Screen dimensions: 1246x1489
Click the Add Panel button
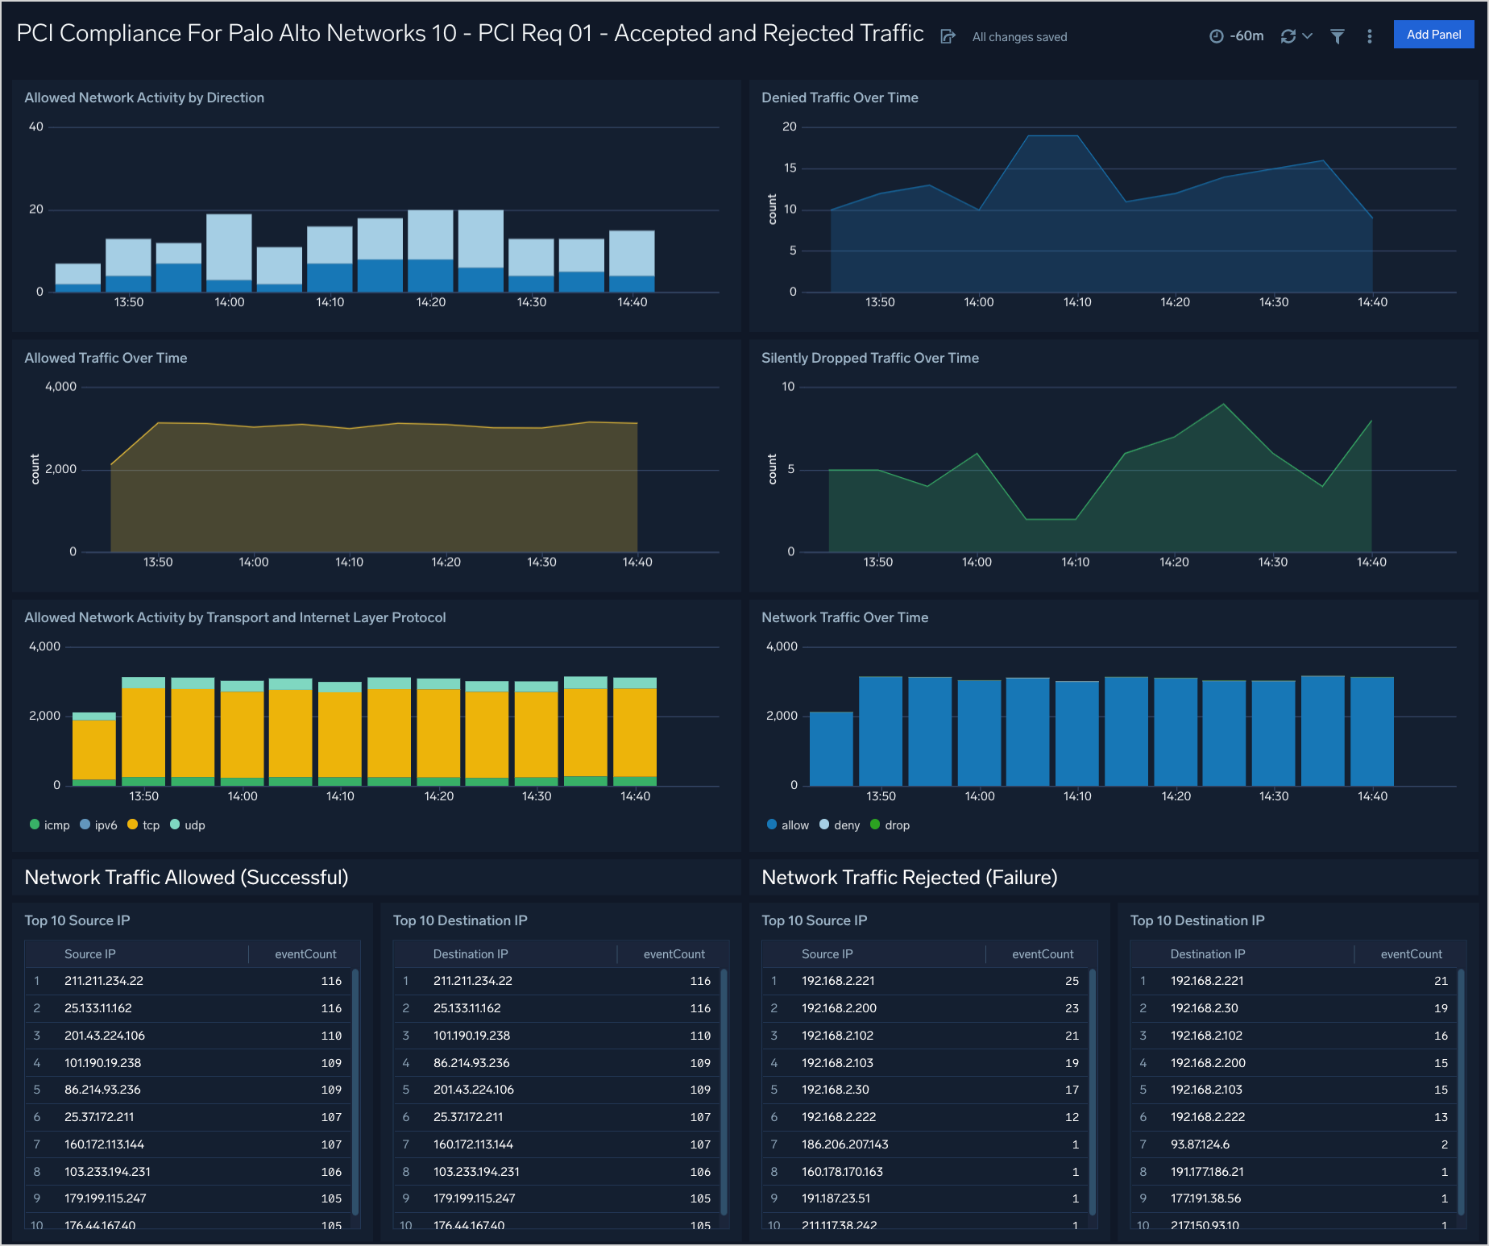1433,35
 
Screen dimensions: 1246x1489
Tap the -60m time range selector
1237,36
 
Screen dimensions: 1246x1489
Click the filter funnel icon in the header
1337,36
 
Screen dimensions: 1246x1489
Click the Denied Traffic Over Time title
839,98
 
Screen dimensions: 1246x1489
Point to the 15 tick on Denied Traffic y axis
790,168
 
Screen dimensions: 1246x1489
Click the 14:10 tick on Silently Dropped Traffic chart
1075,562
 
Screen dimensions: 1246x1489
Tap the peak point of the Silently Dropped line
1223,404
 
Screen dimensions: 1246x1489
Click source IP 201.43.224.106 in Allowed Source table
105,1036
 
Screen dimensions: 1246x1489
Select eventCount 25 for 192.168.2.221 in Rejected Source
1071,981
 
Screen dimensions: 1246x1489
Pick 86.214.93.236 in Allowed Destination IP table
471,1063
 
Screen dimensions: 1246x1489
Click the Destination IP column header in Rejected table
1207,954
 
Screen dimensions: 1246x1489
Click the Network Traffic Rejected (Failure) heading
909,877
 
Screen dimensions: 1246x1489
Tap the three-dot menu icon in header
1369,36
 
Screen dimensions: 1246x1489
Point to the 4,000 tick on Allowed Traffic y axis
60,387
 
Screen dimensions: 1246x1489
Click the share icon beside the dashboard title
948,36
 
